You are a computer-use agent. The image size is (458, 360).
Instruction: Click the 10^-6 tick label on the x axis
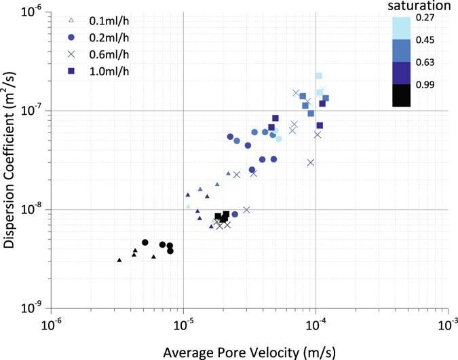(x=52, y=322)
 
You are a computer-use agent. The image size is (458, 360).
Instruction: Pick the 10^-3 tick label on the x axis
(x=447, y=322)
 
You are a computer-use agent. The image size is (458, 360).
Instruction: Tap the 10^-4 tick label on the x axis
(x=316, y=322)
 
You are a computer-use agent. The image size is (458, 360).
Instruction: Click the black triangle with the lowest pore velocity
(x=119, y=260)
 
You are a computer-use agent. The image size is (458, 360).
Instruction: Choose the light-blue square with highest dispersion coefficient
(x=319, y=75)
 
